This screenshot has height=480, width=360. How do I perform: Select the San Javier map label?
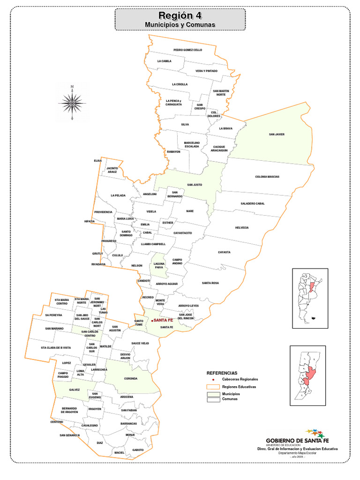(277, 135)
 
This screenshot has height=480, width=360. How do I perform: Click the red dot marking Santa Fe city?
(152, 320)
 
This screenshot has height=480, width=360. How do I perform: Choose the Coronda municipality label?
(131, 378)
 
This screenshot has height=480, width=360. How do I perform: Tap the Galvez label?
(75, 390)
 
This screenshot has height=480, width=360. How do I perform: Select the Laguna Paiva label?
(159, 266)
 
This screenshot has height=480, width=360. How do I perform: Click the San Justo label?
(194, 185)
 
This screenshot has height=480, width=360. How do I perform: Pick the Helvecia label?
(242, 227)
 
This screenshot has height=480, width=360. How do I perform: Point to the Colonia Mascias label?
(267, 177)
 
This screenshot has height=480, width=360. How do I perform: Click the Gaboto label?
(138, 450)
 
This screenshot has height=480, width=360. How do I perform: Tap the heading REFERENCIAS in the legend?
(222, 373)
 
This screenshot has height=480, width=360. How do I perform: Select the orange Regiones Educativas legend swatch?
(213, 387)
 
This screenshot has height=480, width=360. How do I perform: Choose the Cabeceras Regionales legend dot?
(213, 379)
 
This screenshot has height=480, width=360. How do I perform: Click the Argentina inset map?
(310, 298)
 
